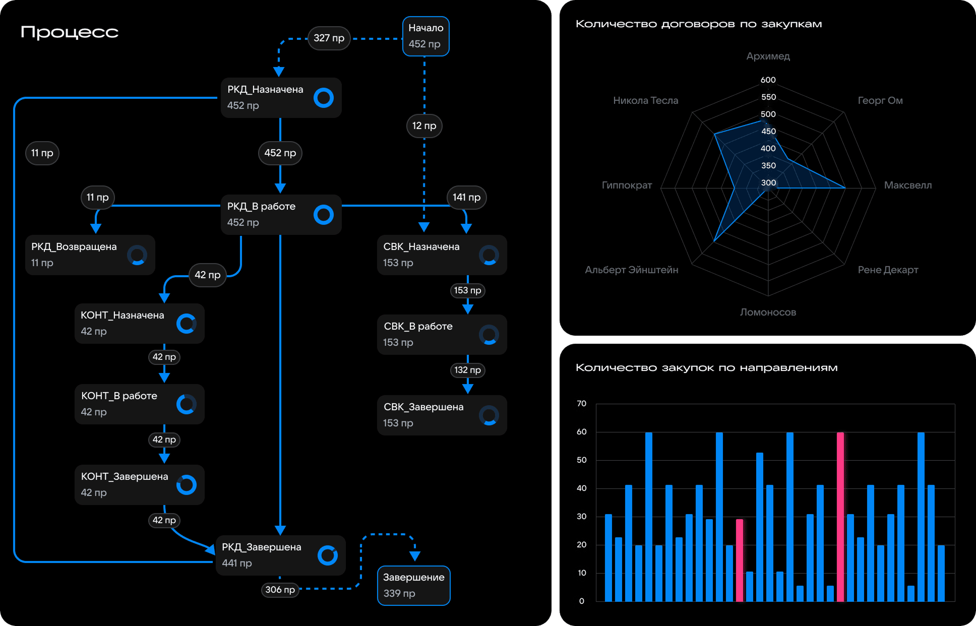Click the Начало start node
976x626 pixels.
coord(425,36)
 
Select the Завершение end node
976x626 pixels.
coord(413,585)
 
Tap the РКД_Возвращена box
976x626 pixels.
coord(90,255)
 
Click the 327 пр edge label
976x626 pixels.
coord(329,38)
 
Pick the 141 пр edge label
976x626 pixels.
coord(466,197)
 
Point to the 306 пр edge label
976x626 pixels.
coord(280,589)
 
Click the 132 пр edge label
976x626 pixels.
coord(467,370)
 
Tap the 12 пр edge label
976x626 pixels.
coord(424,126)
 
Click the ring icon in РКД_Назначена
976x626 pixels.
coord(323,97)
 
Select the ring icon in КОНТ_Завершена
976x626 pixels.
coord(186,484)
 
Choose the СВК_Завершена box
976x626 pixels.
coord(442,415)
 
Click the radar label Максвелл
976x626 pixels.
coord(907,185)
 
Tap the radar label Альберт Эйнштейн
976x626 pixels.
coord(631,270)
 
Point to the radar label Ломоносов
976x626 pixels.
coord(768,312)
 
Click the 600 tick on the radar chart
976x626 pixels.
coord(768,80)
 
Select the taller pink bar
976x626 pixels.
coord(840,517)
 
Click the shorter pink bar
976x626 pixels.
coord(739,560)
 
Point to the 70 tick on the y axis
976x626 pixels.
coord(581,403)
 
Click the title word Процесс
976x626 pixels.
coord(70,32)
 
